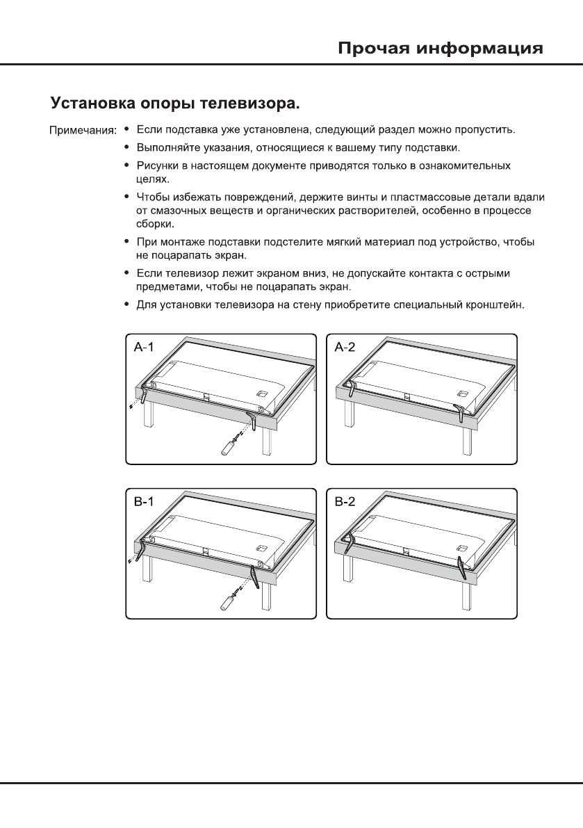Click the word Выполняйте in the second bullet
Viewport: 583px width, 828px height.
point(167,148)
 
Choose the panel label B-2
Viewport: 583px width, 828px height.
point(345,502)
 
